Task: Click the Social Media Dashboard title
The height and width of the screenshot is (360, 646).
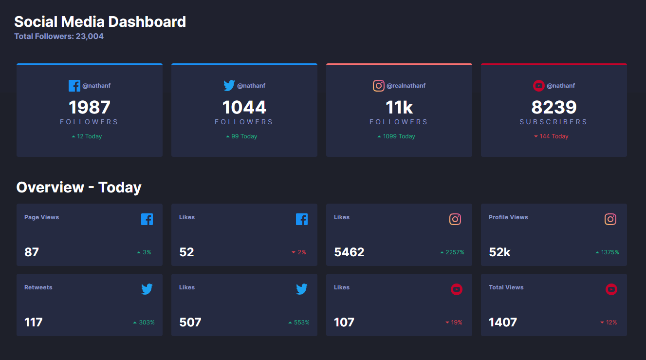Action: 100,22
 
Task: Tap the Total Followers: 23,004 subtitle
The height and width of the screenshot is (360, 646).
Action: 59,37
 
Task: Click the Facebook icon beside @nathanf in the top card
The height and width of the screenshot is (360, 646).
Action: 74,86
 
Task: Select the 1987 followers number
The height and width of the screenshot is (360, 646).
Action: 90,107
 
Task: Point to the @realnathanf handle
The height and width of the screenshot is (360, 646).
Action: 406,86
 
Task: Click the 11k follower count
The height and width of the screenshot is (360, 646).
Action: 399,107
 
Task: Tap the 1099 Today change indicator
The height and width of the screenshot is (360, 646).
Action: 396,136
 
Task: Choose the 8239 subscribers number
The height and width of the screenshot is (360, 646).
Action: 554,107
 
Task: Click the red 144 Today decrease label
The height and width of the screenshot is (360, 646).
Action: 552,136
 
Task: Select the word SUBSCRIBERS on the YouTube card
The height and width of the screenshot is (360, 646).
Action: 554,122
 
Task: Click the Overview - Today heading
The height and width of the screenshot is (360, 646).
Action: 79,188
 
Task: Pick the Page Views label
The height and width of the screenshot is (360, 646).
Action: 41,217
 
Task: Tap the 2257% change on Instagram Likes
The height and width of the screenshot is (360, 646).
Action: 452,252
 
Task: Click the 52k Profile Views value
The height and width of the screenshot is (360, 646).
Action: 499,252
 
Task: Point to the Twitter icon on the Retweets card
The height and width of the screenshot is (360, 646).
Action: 147,289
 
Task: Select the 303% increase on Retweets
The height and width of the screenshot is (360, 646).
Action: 144,322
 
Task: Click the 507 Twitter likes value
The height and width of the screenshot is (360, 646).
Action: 190,322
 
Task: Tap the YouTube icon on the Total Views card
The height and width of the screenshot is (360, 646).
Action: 611,289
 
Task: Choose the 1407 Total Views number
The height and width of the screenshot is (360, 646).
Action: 503,322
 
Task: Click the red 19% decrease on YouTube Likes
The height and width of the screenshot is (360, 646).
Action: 454,322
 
